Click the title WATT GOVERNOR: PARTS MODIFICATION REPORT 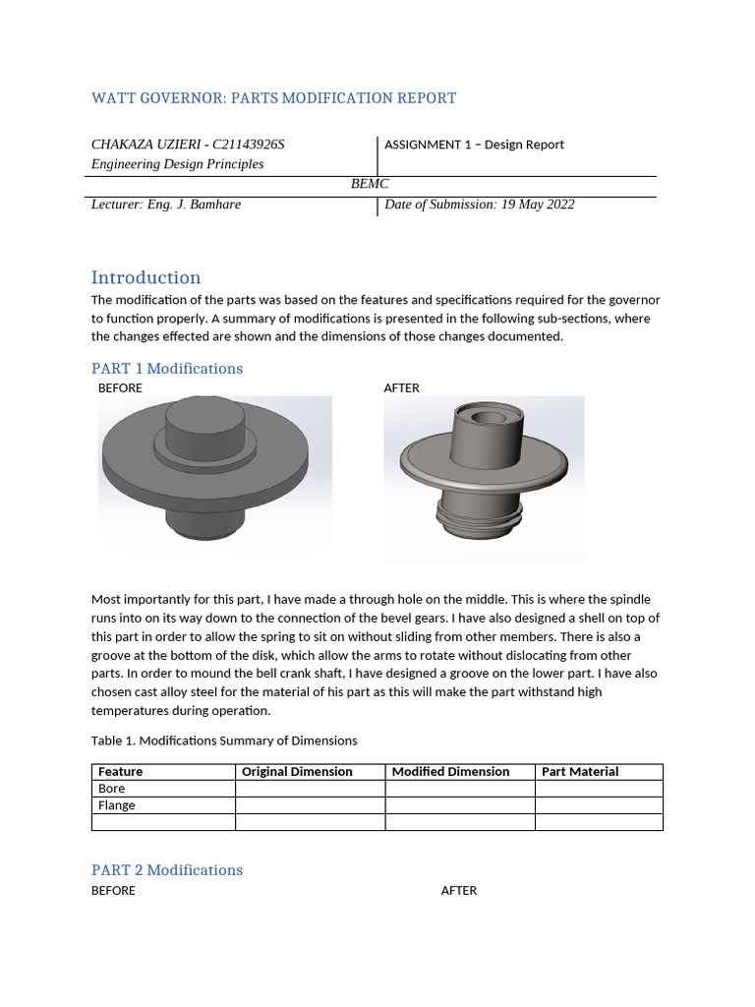click(273, 98)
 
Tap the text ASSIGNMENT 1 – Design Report click(474, 145)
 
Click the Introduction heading click(145, 277)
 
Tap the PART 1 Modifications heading click(166, 369)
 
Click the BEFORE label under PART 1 click(120, 388)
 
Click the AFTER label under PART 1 click(401, 388)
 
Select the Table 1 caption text click(224, 740)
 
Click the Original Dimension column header click(297, 772)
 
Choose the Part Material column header click(580, 772)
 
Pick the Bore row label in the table click(112, 789)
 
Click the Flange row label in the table click(117, 805)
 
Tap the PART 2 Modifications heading click(166, 870)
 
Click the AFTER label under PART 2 click(458, 891)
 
